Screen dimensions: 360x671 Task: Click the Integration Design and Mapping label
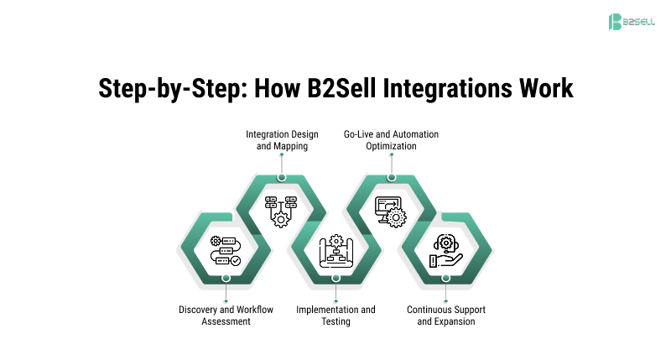tap(282, 140)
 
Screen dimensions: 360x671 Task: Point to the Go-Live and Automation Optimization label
tap(391, 140)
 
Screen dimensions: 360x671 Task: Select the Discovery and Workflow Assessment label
tap(226, 316)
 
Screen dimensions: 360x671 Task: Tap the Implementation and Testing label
tap(335, 316)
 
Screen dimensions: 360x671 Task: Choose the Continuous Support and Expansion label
tap(446, 316)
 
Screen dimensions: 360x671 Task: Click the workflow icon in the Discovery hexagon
tap(226, 251)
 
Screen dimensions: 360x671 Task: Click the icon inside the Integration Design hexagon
tap(282, 209)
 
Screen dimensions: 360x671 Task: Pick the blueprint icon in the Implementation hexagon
tap(336, 251)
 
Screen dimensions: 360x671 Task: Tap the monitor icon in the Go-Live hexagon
tap(391, 210)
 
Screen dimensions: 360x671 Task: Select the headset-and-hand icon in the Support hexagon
tap(445, 251)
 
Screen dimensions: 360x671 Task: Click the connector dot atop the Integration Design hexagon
tap(282, 177)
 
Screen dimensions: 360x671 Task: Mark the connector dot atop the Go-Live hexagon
tap(391, 177)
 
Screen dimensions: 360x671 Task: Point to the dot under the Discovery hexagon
tap(226, 278)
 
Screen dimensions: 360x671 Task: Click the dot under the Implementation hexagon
tap(335, 278)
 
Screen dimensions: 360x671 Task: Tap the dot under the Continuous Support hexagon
tap(445, 278)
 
